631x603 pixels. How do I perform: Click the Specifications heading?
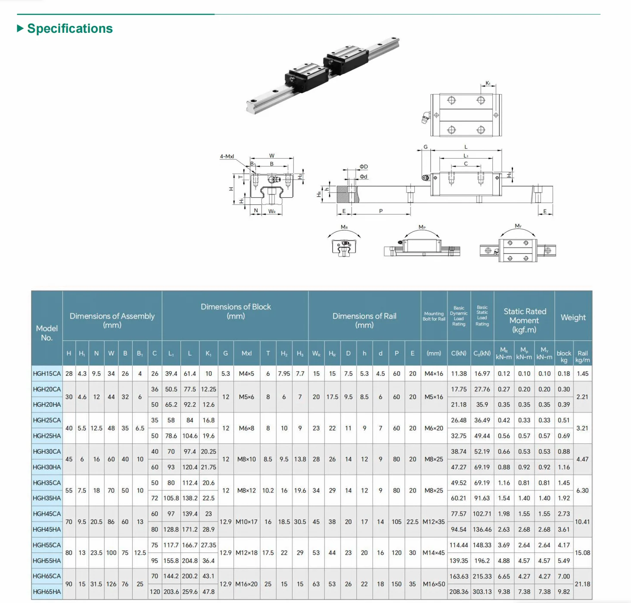coord(70,28)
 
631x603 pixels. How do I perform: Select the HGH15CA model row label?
coord(47,374)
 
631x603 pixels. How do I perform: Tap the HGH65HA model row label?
coord(47,592)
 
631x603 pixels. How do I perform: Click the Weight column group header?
coord(573,317)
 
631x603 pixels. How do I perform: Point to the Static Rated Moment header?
coord(524,320)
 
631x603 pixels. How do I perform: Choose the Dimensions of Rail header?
coord(364,320)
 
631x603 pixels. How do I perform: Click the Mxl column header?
coord(246,353)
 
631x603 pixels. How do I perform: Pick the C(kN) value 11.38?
coord(458,374)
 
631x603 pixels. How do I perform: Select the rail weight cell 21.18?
coord(582,584)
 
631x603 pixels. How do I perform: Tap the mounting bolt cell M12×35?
coord(434,522)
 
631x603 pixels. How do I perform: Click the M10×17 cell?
coord(246,522)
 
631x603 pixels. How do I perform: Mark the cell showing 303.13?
coord(482,592)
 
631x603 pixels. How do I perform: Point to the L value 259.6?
coord(190,592)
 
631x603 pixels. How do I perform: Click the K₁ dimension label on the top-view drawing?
coord(488,84)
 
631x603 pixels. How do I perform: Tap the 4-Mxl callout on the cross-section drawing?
coord(227,156)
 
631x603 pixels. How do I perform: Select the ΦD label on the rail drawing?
coord(364,166)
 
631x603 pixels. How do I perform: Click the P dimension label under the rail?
coord(381,211)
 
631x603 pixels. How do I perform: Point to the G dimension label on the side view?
coord(426,147)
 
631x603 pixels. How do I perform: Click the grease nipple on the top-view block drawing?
coord(426,118)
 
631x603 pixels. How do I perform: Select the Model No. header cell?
coord(47,333)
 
